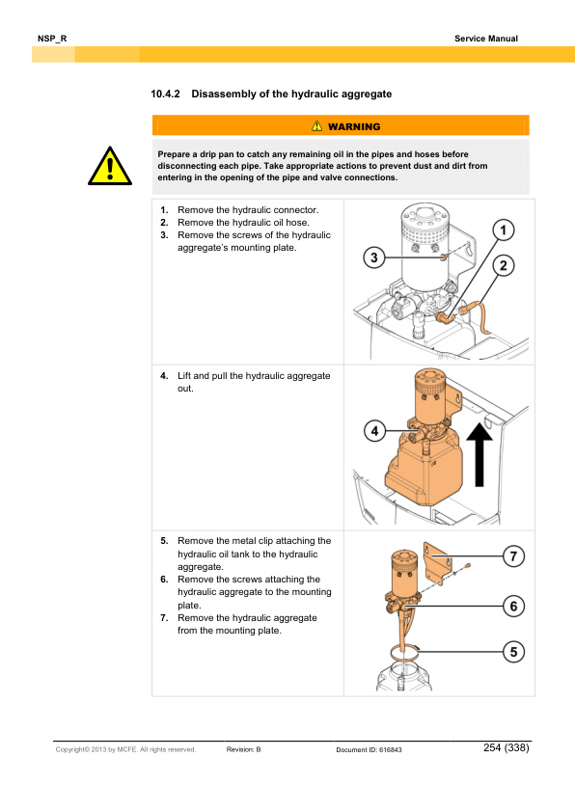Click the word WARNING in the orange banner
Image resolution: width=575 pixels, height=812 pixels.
tap(353, 126)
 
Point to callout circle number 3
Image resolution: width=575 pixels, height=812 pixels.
tap(376, 257)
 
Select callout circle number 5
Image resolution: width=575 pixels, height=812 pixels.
tap(513, 652)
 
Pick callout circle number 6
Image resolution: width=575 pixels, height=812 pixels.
tap(513, 606)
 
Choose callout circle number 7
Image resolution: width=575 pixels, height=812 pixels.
tap(513, 557)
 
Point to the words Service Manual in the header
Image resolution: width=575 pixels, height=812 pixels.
tap(486, 39)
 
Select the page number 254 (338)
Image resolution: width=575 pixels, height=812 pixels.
tap(507, 748)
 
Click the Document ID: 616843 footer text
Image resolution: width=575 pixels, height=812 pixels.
tap(369, 749)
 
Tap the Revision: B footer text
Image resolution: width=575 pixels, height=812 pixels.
tap(251, 749)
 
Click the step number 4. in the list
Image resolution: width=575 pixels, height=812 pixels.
tap(164, 374)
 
